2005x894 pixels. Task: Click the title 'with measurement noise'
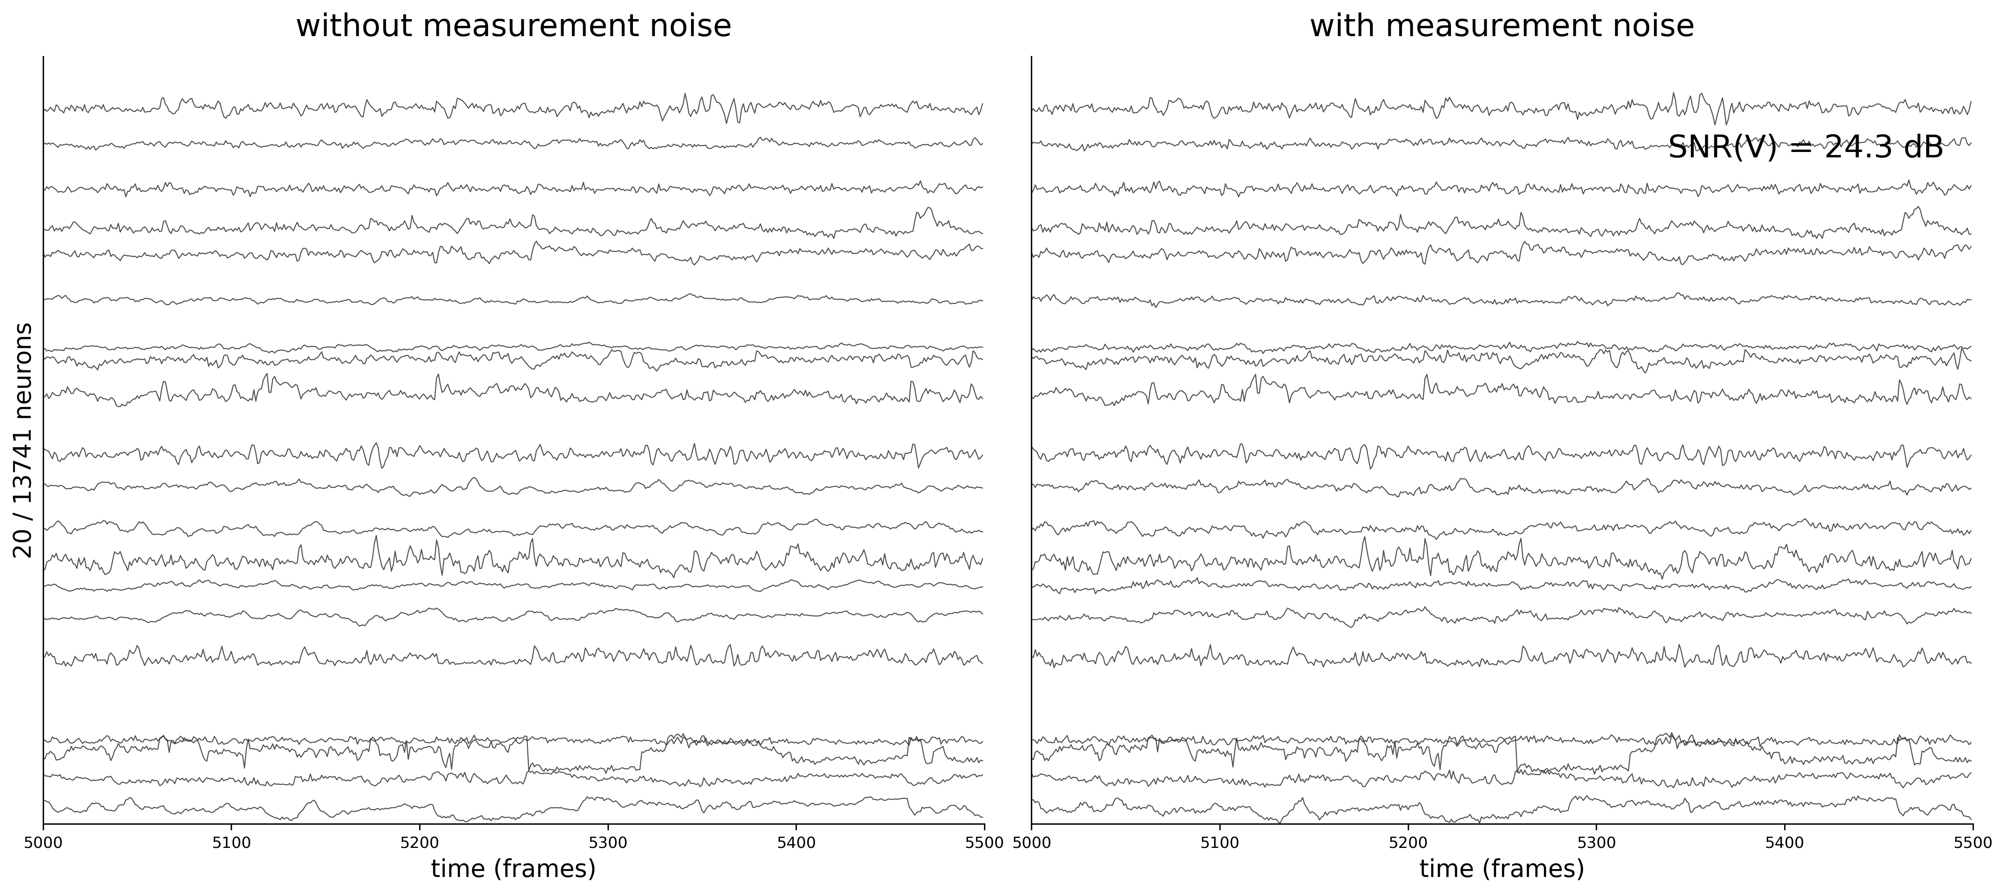pos(1502,27)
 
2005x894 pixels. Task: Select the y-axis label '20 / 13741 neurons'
pos(23,440)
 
